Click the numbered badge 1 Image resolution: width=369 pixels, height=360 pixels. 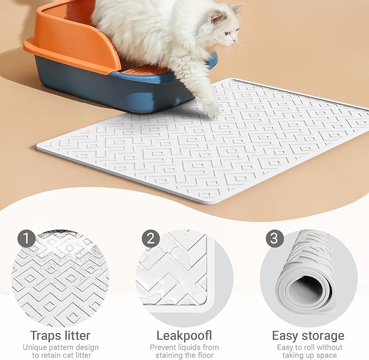click(x=26, y=238)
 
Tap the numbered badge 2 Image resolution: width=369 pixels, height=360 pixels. click(x=150, y=238)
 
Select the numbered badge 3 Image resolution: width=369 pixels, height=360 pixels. click(x=274, y=238)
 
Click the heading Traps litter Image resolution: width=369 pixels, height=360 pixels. click(x=60, y=335)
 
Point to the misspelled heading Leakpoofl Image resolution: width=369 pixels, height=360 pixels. click(x=184, y=335)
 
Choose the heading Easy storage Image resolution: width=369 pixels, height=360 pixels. click(x=308, y=335)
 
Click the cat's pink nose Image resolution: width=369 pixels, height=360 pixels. click(x=237, y=42)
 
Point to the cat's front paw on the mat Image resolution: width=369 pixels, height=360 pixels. click(x=209, y=109)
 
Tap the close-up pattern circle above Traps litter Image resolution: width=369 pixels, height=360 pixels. click(x=60, y=272)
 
